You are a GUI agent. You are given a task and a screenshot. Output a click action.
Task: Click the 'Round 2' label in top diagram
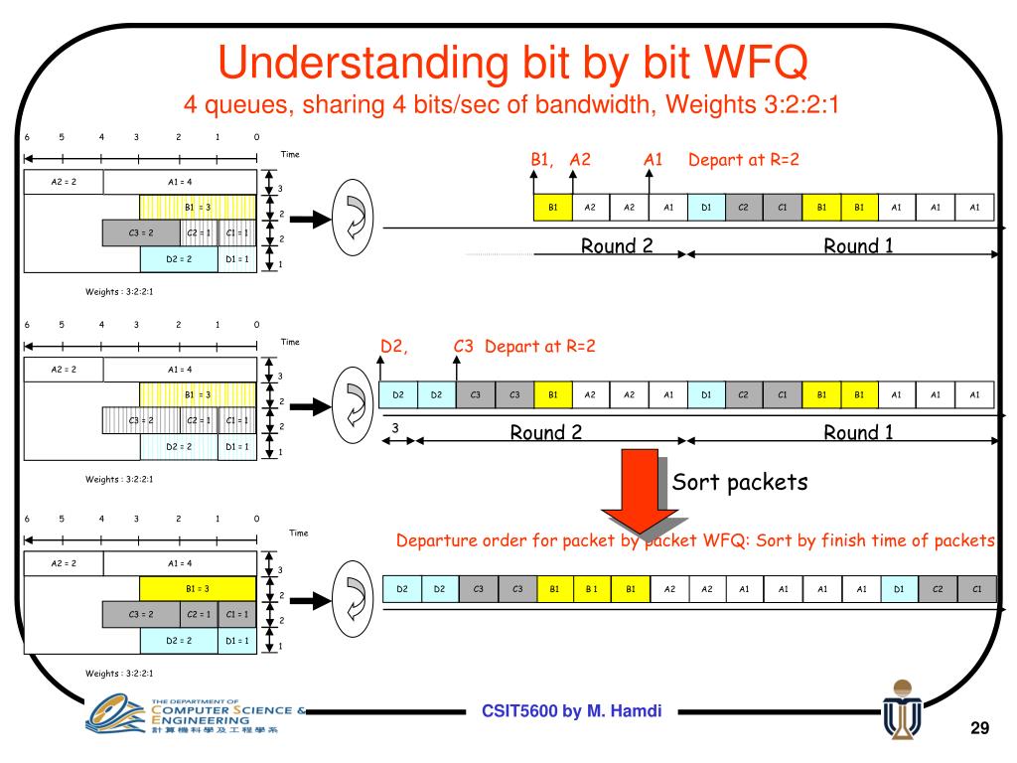click(617, 246)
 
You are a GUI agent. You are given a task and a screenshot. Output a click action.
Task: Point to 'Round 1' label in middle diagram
click(859, 431)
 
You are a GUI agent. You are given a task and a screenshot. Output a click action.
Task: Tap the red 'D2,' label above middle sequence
click(396, 347)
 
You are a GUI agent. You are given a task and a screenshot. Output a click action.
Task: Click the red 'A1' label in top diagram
click(653, 160)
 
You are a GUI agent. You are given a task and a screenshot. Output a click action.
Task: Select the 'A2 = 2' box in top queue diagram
click(64, 182)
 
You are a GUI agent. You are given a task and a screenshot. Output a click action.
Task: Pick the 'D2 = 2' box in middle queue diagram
click(179, 447)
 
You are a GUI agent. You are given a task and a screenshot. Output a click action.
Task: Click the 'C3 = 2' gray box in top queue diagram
click(141, 232)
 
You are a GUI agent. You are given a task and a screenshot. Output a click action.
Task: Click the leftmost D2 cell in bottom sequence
click(402, 588)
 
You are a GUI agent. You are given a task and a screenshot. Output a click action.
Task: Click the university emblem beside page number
click(901, 711)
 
